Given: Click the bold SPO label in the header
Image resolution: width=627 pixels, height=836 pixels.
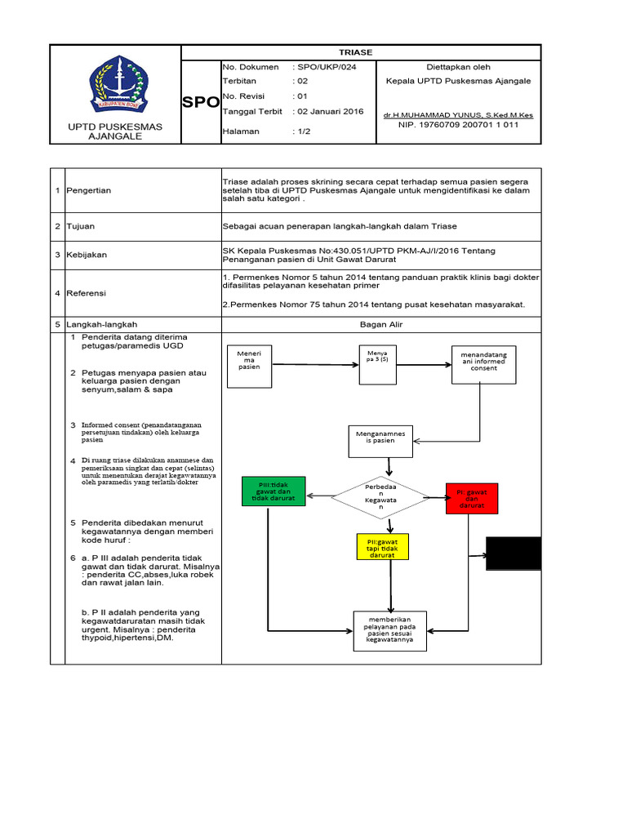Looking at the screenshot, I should pos(201,103).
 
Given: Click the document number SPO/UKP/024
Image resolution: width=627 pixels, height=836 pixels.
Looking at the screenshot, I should pos(323,67).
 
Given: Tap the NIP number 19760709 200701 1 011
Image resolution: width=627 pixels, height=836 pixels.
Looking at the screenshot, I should pos(458,125).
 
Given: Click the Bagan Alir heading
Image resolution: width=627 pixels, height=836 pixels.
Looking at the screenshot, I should pos(380,324).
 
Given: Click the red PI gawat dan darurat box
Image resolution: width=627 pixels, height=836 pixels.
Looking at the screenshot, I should pos(471,498).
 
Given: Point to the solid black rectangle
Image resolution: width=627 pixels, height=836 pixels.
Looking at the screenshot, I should pos(514,553).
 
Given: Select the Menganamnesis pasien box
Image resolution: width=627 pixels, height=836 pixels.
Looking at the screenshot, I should pos(380,441).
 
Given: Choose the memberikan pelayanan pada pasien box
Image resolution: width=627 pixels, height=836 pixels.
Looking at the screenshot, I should pos(389,630).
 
